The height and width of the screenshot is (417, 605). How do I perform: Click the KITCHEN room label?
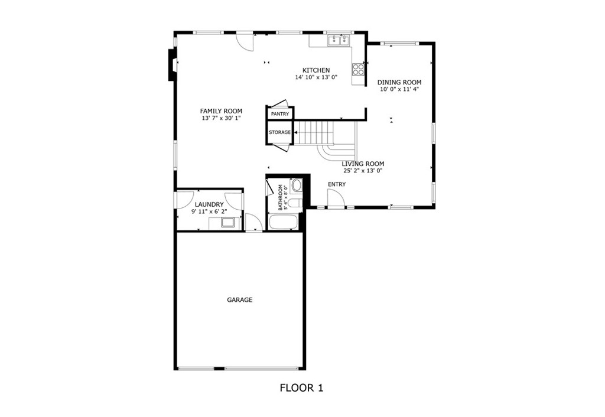316,70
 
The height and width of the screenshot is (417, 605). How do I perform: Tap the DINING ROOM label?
399,82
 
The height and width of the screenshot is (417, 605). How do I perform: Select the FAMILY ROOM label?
221,111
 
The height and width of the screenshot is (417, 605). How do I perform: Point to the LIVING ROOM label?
363,164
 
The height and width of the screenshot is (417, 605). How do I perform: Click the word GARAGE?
240,299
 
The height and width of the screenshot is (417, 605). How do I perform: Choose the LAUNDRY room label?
209,204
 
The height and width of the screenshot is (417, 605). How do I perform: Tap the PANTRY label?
279,114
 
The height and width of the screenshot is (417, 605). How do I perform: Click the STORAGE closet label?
279,132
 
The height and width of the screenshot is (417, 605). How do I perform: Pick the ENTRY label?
337,184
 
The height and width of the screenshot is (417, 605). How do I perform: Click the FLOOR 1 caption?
301,387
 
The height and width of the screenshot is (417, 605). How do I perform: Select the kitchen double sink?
339,41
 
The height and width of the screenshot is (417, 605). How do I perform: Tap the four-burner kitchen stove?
358,69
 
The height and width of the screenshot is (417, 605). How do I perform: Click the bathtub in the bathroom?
283,223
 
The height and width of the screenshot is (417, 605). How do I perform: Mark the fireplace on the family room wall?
172,64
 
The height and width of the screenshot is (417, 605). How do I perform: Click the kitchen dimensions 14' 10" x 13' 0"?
317,77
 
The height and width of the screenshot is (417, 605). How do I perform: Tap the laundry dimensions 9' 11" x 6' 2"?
209,211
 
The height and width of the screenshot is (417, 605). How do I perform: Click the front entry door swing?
336,199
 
